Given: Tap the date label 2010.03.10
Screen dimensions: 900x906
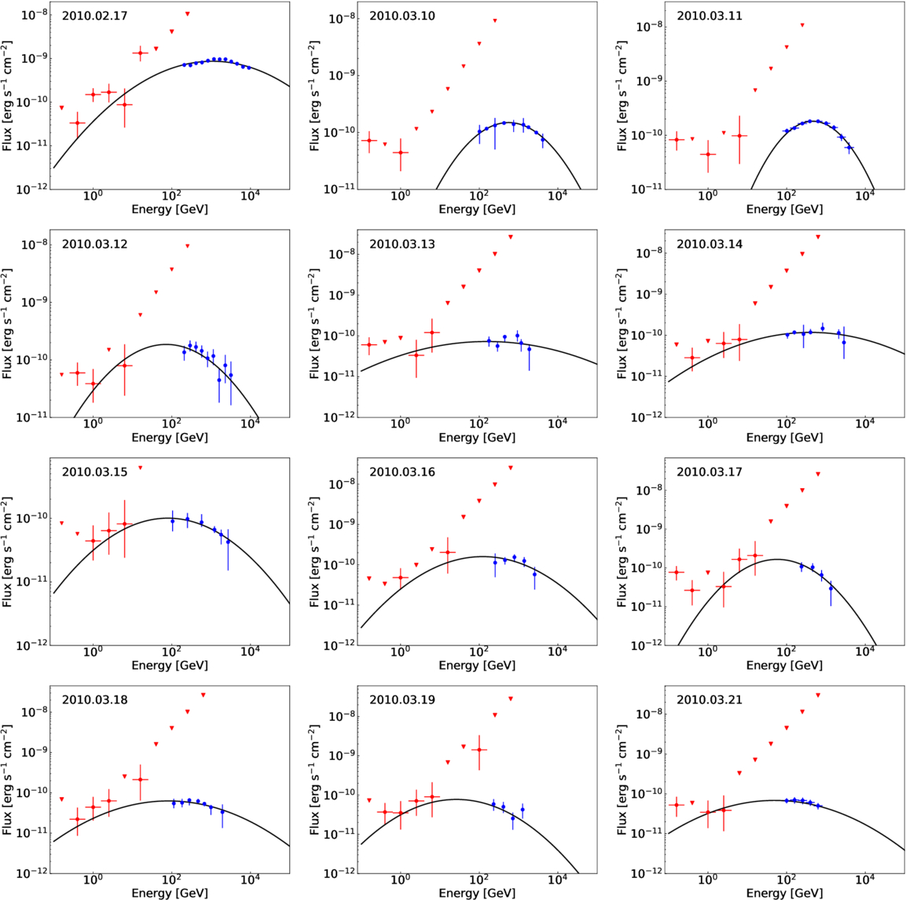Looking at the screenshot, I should (402, 16).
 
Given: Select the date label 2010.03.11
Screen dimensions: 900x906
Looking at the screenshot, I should (709, 16).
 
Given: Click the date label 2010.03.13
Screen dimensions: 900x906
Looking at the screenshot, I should (402, 244).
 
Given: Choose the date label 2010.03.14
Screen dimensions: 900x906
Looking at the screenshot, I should (709, 244).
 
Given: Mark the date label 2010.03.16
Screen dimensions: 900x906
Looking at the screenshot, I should (402, 472).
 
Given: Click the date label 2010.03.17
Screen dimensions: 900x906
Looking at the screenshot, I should (709, 472).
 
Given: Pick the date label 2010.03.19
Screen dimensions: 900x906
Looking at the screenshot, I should (402, 700).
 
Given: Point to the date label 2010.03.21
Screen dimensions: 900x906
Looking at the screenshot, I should (709, 700).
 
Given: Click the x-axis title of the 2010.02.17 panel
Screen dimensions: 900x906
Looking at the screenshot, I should (170, 209).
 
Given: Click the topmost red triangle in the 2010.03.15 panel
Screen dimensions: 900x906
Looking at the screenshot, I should (141, 468).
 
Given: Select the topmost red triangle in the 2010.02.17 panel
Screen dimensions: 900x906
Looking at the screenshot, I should (187, 13).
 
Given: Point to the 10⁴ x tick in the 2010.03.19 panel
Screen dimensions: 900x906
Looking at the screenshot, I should (557, 879).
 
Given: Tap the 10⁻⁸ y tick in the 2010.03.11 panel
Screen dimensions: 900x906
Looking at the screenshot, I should (651, 27).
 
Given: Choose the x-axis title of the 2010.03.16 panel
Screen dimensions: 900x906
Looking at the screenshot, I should (477, 665).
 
